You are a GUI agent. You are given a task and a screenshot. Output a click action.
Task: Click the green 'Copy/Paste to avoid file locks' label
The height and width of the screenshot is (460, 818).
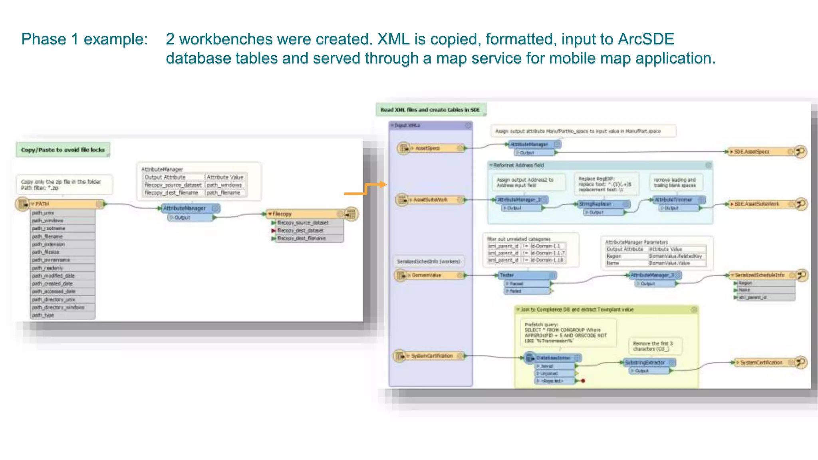click(63, 150)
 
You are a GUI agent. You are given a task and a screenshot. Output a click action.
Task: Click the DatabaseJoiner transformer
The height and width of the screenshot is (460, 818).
click(553, 358)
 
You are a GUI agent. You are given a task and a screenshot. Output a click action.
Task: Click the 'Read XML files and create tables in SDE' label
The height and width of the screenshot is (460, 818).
click(430, 110)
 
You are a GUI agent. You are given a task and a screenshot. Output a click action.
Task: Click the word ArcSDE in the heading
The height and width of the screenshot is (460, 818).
click(646, 39)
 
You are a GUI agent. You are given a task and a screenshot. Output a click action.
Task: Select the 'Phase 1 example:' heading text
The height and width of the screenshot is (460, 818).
click(84, 39)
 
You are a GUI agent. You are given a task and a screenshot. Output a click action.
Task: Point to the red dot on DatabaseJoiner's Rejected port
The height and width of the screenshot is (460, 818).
click(583, 381)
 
